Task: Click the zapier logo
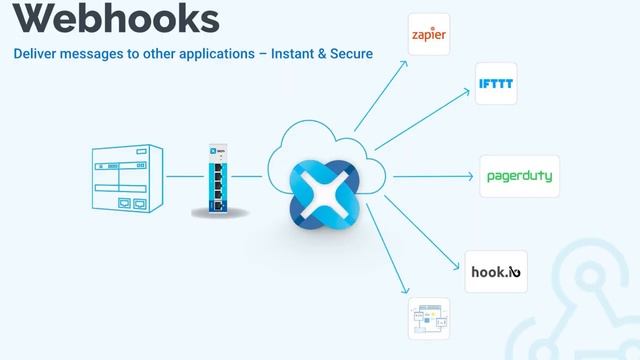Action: coord(430,36)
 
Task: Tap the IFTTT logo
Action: coord(496,85)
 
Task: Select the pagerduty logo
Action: coord(518,177)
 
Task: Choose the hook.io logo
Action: coord(496,270)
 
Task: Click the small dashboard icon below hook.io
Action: coord(429,318)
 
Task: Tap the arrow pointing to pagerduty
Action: coord(430,177)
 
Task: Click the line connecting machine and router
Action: coord(182,177)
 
